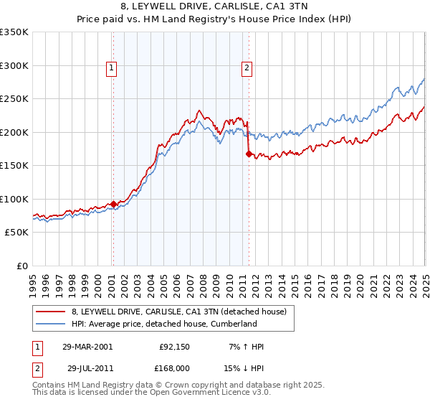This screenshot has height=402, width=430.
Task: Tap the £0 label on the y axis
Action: (x=23, y=266)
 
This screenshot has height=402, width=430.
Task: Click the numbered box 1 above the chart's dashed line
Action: (x=113, y=68)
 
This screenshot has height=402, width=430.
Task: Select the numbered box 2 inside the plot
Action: (x=247, y=68)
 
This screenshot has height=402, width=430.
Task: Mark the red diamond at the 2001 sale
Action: (x=113, y=204)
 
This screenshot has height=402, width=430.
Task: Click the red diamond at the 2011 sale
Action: (x=249, y=153)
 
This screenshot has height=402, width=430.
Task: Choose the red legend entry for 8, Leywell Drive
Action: (x=179, y=312)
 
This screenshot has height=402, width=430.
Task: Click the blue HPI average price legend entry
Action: (x=164, y=324)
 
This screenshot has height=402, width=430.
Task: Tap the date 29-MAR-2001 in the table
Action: (x=87, y=347)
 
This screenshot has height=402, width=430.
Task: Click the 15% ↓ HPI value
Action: (x=244, y=368)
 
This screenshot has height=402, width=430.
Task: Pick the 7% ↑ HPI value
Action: (x=244, y=347)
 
